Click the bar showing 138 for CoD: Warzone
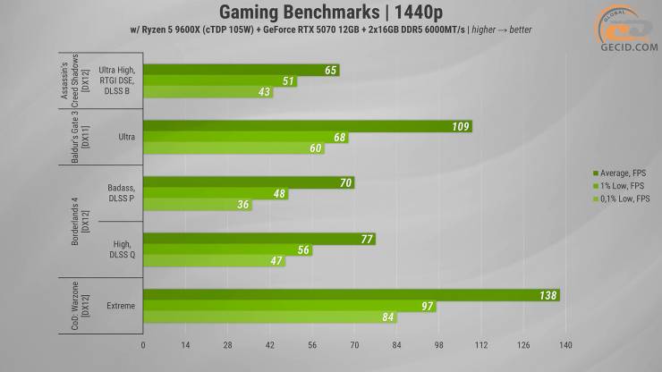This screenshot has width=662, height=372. coord(349,295)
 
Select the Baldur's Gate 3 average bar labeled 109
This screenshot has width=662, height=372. coord(304,127)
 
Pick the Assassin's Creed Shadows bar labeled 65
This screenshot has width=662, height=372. coord(240,70)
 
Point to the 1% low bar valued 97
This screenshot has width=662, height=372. coord(286,307)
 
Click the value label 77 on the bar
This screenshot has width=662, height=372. coord(366,240)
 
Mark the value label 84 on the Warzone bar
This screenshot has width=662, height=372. coord(387,317)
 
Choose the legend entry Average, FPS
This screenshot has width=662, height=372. coord(616,172)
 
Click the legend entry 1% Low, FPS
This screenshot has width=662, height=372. coord(616,185)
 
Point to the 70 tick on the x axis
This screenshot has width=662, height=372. coord(354,344)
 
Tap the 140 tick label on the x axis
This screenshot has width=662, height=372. coord(565,344)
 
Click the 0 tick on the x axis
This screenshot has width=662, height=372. coord(143,344)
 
